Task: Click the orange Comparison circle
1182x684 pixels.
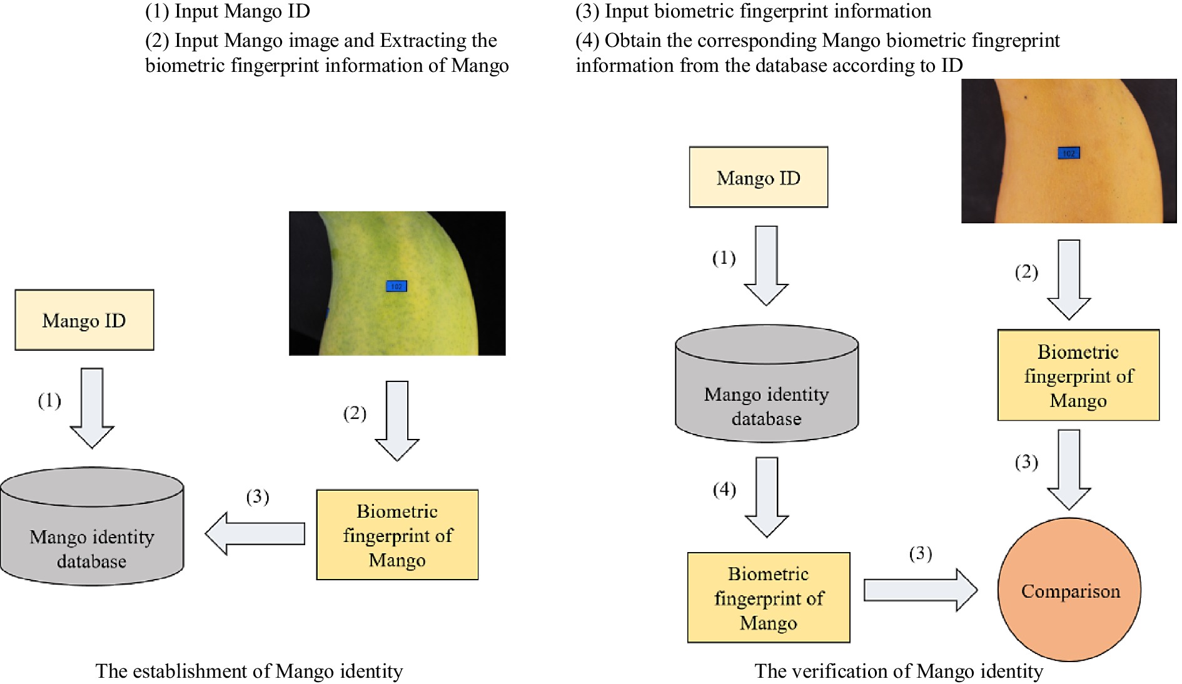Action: [x=1069, y=590]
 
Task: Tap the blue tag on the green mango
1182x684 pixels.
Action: [x=396, y=286]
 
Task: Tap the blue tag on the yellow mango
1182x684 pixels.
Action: [x=1068, y=153]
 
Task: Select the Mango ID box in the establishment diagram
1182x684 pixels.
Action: [x=84, y=320]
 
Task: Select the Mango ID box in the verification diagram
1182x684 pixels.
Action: [x=758, y=178]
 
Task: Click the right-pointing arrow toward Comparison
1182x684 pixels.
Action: [x=919, y=590]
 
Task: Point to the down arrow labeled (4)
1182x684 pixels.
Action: [x=767, y=496]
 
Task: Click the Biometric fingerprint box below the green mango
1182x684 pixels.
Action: [x=397, y=535]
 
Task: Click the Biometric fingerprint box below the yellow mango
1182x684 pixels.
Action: [x=1078, y=376]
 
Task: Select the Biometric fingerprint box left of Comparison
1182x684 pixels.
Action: [x=768, y=598]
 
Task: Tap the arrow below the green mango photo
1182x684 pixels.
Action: [x=397, y=420]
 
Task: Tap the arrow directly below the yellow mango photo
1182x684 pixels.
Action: [x=1069, y=279]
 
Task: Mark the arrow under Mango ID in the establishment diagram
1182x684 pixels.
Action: [x=92, y=407]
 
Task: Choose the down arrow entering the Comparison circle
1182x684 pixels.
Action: [x=1069, y=469]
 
